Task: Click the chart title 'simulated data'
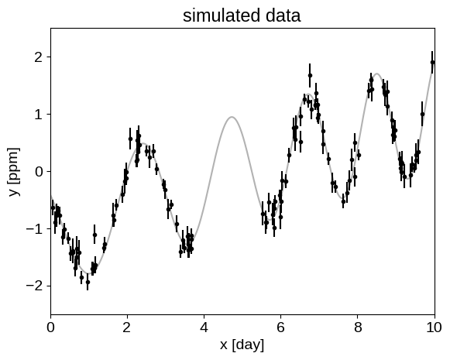click(x=242, y=15)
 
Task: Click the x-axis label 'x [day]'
click(x=242, y=345)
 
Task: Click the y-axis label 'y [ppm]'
click(x=15, y=172)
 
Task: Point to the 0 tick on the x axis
click(x=51, y=327)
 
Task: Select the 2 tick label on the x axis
click(x=127, y=327)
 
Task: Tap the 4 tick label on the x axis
click(x=204, y=327)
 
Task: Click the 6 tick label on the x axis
click(x=280, y=327)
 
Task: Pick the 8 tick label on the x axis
click(x=358, y=327)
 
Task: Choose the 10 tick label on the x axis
click(x=435, y=327)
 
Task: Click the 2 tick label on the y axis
click(x=39, y=57)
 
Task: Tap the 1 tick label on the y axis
click(x=39, y=114)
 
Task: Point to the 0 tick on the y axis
click(x=39, y=172)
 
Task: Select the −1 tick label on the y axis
click(x=34, y=228)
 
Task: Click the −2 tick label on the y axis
click(x=34, y=286)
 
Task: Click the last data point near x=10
click(x=432, y=62)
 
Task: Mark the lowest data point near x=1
click(x=88, y=283)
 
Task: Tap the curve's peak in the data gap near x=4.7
click(x=232, y=117)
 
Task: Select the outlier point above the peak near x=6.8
click(x=310, y=75)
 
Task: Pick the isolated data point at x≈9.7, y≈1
click(x=422, y=114)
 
